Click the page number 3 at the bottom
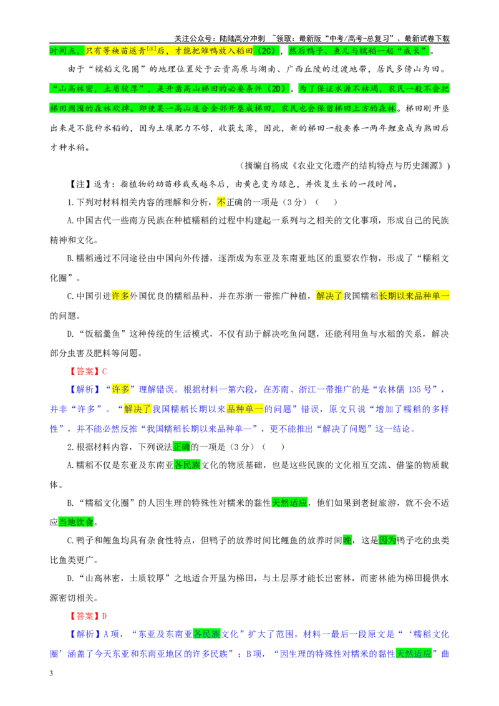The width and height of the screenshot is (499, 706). pyautogui.click(x=51, y=673)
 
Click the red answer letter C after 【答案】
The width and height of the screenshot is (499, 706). pyautogui.click(x=105, y=372)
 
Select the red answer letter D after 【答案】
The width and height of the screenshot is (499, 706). pyautogui.click(x=105, y=616)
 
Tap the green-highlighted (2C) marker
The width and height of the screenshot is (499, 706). pyautogui.click(x=266, y=51)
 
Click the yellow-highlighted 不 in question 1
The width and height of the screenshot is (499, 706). pyautogui.click(x=221, y=202)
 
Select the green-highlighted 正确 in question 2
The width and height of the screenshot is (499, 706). pyautogui.click(x=182, y=447)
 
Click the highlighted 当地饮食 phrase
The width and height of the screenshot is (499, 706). pyautogui.click(x=76, y=522)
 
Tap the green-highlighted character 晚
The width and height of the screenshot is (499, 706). pyautogui.click(x=347, y=540)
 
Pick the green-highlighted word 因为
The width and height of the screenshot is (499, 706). pyautogui.click(x=387, y=540)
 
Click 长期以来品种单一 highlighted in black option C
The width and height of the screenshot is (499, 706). pyautogui.click(x=414, y=296)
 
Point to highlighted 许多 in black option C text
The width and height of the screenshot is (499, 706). pyautogui.click(x=120, y=296)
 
